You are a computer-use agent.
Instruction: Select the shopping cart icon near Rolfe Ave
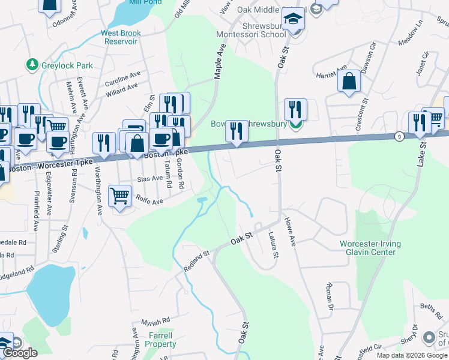[119, 195]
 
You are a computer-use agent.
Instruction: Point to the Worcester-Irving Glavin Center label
[370, 248]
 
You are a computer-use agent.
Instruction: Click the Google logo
[20, 352]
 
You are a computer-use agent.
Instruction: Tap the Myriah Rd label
[155, 321]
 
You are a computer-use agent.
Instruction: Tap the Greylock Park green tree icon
[31, 64]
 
